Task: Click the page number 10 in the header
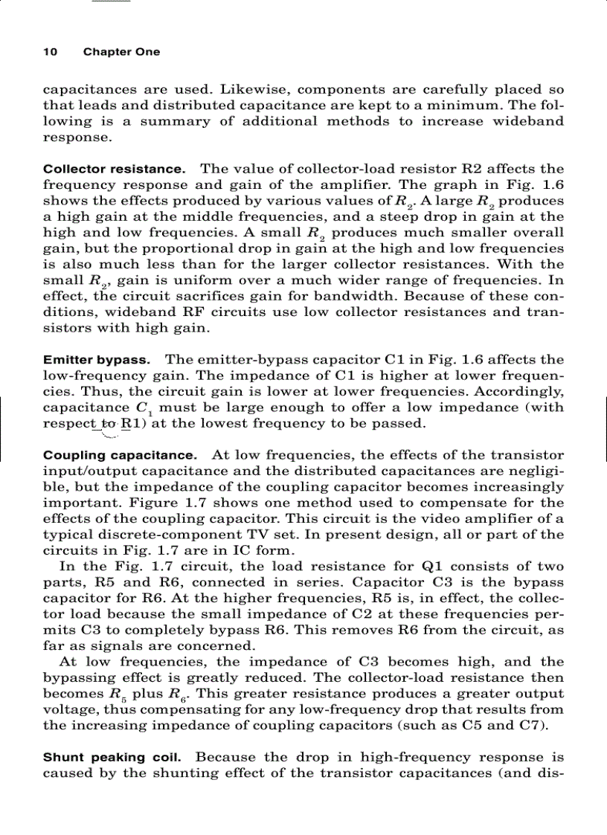pyautogui.click(x=50, y=52)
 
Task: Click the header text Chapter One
pyautogui.click(x=121, y=52)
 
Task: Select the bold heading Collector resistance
pyautogui.click(x=114, y=169)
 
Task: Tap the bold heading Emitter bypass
pyautogui.click(x=97, y=360)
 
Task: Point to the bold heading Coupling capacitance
pyautogui.click(x=120, y=454)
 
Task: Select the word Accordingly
pyautogui.click(x=520, y=392)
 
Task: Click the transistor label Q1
pyautogui.click(x=433, y=567)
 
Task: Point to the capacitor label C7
pyautogui.click(x=534, y=726)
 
